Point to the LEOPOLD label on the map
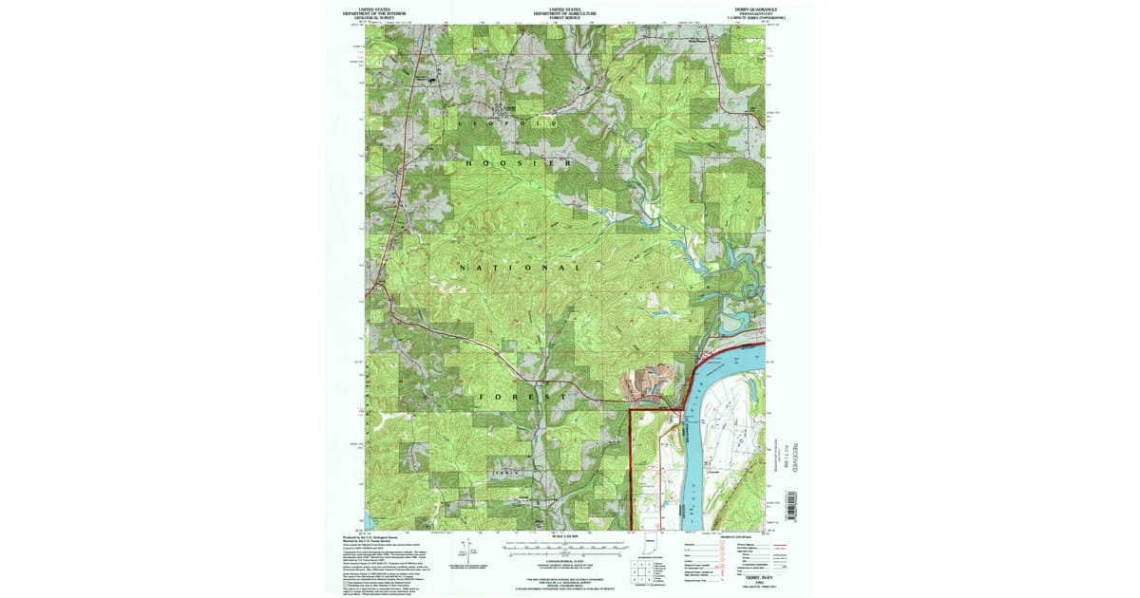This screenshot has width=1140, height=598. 491,124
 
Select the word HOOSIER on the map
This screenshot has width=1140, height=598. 520,163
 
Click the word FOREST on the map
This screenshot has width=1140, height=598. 523,395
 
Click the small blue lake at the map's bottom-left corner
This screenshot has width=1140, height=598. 370,521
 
